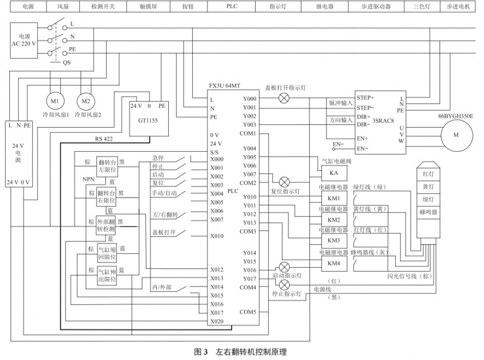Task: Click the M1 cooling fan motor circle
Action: (x=54, y=101)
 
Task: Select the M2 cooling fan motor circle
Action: (x=85, y=101)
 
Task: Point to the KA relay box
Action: (x=334, y=171)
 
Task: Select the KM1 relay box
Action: (x=334, y=198)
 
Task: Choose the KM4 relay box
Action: (x=334, y=262)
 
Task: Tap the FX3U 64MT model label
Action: (x=225, y=86)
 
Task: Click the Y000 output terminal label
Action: (x=249, y=98)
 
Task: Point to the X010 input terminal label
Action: (x=218, y=236)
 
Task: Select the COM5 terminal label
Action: (x=248, y=312)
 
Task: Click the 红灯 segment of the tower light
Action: (x=429, y=175)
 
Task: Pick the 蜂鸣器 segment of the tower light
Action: (x=429, y=212)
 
